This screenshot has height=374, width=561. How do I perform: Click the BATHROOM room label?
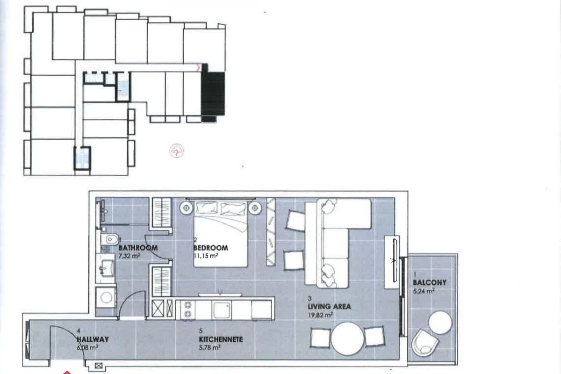coord(138,248)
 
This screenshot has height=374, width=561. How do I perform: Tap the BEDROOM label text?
coord(211,248)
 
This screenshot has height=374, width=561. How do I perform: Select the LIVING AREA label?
coord(329,306)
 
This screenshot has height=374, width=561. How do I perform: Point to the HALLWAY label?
coord(93,339)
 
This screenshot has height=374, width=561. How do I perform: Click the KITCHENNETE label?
coord(221,339)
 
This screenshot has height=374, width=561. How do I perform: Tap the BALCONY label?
coord(430,282)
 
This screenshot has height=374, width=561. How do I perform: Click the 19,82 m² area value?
coord(321,315)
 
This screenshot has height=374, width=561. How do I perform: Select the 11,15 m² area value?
coord(206,256)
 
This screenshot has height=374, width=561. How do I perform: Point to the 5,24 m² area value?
coord(424,291)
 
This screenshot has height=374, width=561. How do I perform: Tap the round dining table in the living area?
coord(347,338)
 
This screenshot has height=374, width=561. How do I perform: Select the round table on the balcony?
coord(440,323)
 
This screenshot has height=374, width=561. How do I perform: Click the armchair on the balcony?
coord(425,342)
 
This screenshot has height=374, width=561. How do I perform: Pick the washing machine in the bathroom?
coord(106,297)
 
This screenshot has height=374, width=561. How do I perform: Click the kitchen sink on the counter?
coord(221,310)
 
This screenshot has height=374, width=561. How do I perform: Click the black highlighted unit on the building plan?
coord(213,93)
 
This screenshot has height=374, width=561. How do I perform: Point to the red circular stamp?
coord(177,151)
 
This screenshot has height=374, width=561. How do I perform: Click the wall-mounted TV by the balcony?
coord(395,260)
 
